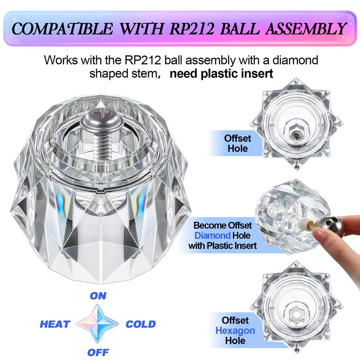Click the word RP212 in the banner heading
point(192,29)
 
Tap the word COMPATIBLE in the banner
point(62,29)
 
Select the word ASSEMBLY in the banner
point(306,29)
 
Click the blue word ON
point(98,296)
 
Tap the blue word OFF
point(98,352)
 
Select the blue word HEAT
point(55,324)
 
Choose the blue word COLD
point(141,324)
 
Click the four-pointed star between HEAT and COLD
point(98,324)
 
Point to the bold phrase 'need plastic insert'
point(221,74)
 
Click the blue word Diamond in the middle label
point(212,235)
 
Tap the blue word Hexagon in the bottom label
point(235,331)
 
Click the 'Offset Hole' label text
point(238,143)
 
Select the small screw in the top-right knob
point(297,135)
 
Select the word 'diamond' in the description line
point(295,60)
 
